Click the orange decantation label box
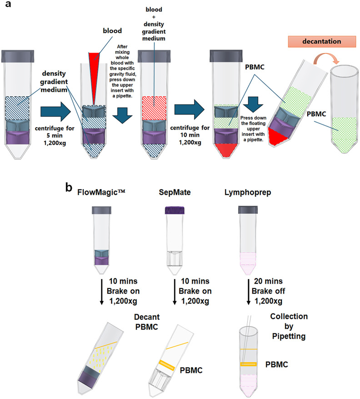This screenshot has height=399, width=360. [x=322, y=41]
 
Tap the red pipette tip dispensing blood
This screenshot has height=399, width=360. [x=94, y=76]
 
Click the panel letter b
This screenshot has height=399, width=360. [x=69, y=187]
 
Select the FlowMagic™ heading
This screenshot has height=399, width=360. [x=101, y=192]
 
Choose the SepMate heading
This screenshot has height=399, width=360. [x=175, y=192]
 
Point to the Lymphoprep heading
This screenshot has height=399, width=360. [x=248, y=192]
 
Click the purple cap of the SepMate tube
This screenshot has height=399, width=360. [x=175, y=210]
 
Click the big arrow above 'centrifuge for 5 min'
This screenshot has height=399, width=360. [x=55, y=111]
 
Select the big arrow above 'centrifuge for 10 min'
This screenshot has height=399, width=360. [x=190, y=110]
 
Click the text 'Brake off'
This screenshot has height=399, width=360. [x=268, y=291]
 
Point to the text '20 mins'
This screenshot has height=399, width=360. [x=268, y=281]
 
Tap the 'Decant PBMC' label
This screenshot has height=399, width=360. [x=147, y=322]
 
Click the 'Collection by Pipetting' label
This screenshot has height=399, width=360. [x=289, y=326]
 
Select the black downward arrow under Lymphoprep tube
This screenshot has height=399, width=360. [x=249, y=292]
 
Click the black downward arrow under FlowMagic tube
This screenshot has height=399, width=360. [x=101, y=292]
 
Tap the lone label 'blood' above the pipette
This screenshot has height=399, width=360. [x=112, y=31]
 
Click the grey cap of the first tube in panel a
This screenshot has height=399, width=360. [x=18, y=56]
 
